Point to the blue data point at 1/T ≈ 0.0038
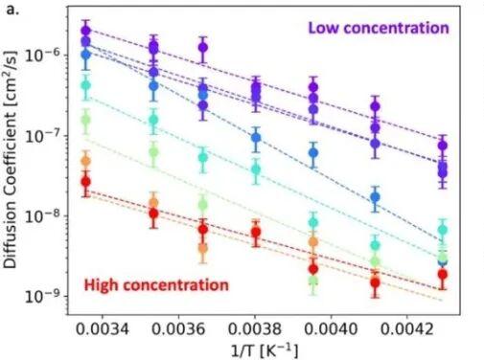tap(256, 138)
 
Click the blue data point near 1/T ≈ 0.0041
tap(375, 197)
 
